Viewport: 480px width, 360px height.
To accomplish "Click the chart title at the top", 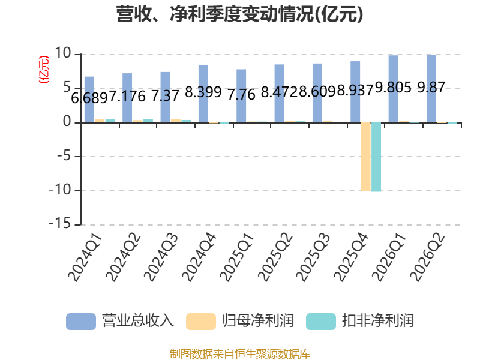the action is coord(239,14).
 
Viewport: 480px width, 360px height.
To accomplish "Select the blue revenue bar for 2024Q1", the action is coord(89,100).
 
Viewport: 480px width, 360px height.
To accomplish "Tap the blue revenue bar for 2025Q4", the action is coord(355,92).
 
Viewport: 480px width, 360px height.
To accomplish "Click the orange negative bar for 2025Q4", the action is coord(365,157).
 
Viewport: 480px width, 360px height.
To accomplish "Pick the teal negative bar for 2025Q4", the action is coord(376,157).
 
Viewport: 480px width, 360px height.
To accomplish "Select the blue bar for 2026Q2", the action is coord(431,88).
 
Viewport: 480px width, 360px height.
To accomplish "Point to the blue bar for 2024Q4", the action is coord(203,94).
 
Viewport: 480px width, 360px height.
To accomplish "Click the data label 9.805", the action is coord(393,88).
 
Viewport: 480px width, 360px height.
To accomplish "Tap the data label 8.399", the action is coord(203,92).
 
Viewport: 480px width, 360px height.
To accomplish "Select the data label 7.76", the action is coord(241,94).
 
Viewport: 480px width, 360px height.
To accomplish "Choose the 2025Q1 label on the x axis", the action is coord(238,257).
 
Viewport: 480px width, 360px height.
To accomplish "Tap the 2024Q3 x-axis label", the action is coord(161,257).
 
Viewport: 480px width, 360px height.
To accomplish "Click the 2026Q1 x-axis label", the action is coord(389,257).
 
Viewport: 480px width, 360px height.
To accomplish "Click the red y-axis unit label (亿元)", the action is coord(44,70).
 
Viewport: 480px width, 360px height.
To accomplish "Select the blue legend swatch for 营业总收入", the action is coord(81,322).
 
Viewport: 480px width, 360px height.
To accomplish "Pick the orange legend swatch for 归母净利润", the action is coord(201,322).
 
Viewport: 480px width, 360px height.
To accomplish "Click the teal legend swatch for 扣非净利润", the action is coord(321,322).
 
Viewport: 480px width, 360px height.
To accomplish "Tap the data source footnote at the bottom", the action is coord(240,354).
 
